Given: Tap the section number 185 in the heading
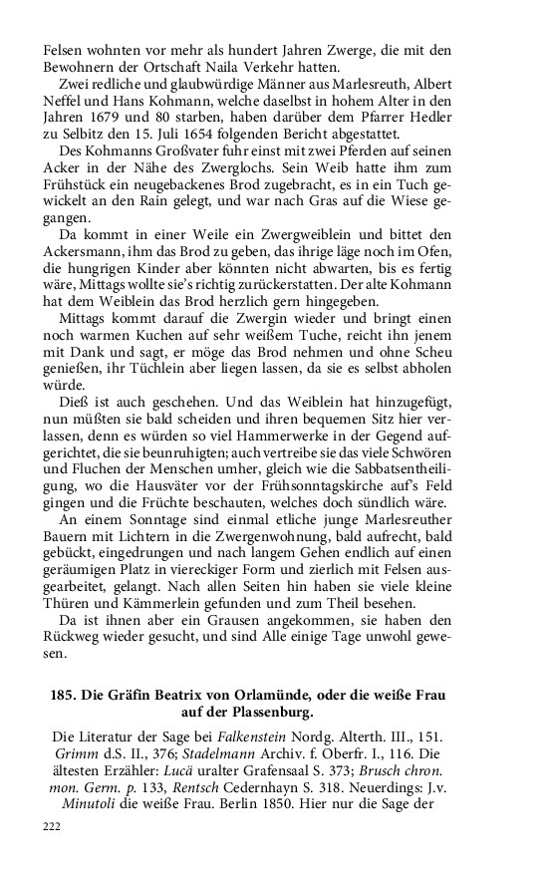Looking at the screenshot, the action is tap(63, 696).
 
